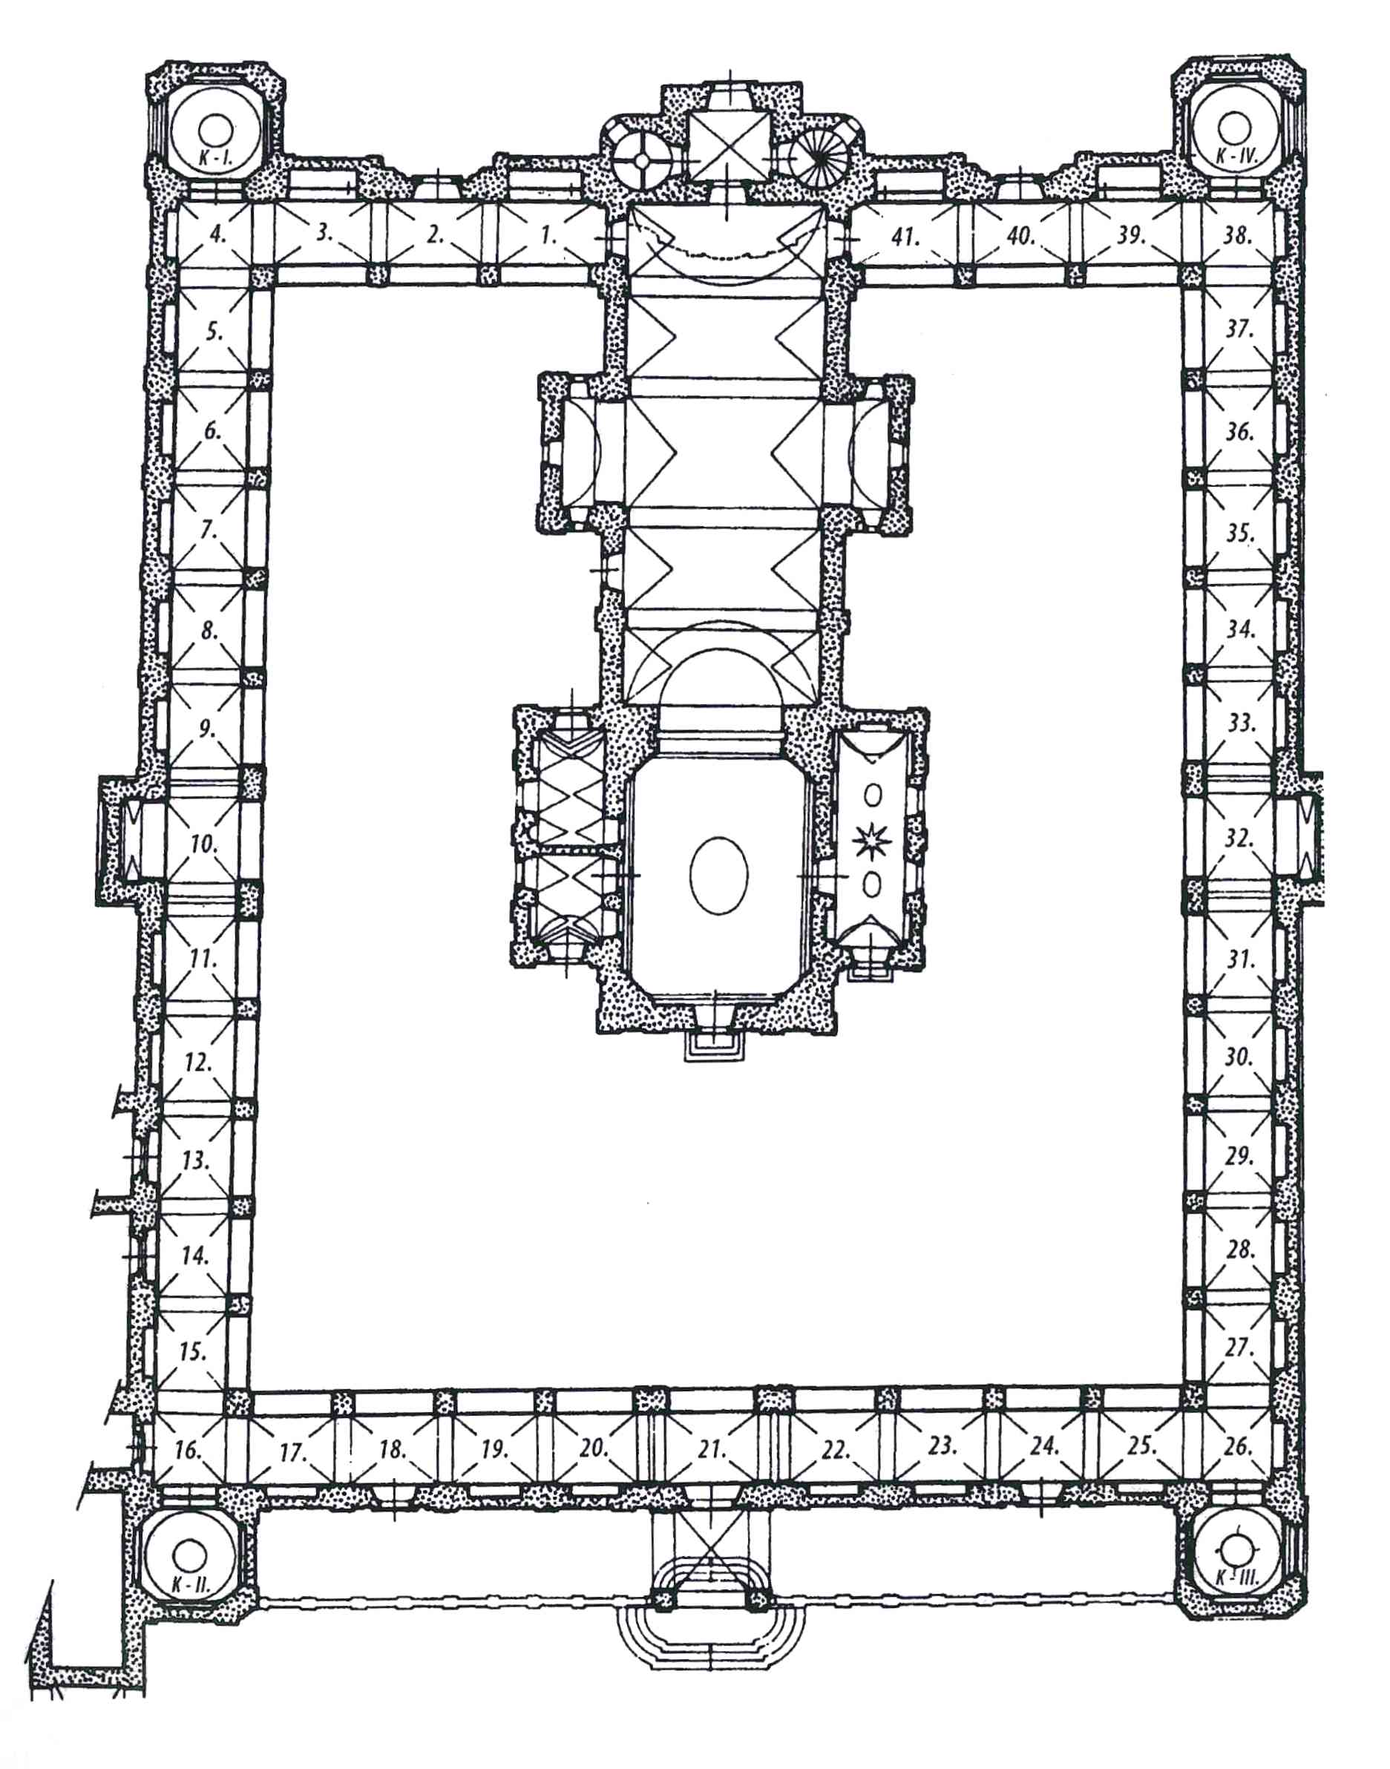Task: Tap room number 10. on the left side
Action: click(x=203, y=844)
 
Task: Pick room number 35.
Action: click(x=1240, y=534)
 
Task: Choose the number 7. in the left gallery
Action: click(x=209, y=530)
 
